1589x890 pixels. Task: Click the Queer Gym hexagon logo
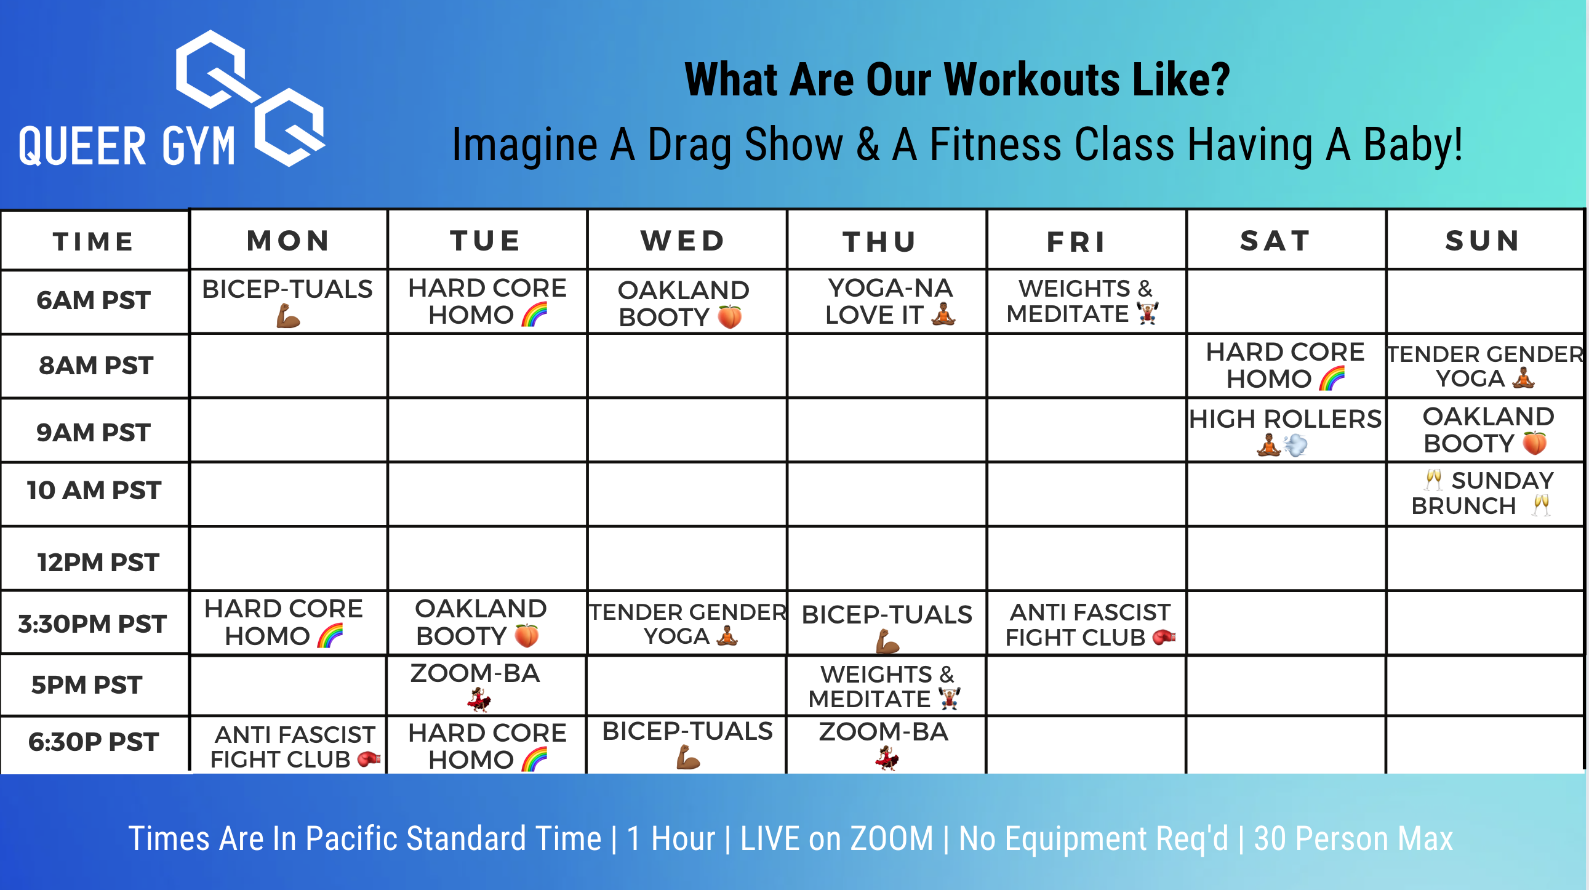point(250,98)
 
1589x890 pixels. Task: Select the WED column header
point(684,241)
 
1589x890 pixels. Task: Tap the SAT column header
point(1276,241)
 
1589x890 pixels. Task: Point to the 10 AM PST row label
point(94,491)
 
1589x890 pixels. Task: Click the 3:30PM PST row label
point(92,623)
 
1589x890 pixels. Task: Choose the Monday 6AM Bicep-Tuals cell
point(288,302)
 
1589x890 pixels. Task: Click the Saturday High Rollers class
point(1286,430)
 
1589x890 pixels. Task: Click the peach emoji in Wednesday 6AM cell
point(730,316)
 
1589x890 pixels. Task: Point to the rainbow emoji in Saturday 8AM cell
point(1332,378)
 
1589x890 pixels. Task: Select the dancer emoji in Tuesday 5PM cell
point(479,700)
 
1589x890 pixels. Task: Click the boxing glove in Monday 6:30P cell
point(369,759)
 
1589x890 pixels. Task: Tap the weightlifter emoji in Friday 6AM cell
point(1147,313)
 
